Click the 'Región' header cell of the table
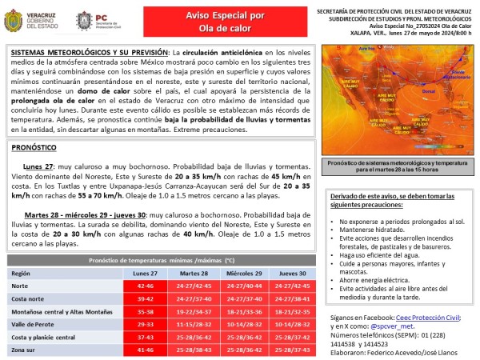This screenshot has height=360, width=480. [x=22, y=274]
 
